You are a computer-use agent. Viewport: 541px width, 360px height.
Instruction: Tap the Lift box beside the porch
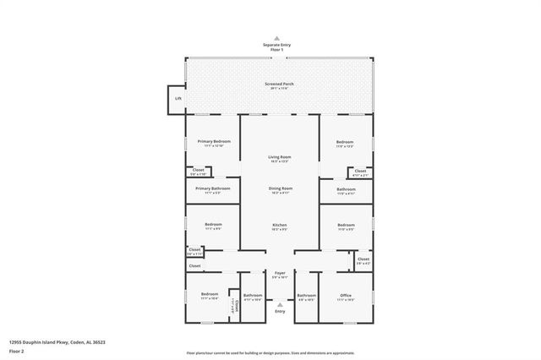(x=178, y=99)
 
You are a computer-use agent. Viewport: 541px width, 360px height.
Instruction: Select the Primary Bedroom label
(x=213, y=142)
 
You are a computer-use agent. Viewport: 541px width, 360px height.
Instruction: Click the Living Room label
(x=280, y=158)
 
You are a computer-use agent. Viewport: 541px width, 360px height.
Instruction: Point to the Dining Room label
(x=280, y=189)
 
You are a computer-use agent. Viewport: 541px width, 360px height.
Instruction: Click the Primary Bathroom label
(x=213, y=189)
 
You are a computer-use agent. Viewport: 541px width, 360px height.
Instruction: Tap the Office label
(x=345, y=296)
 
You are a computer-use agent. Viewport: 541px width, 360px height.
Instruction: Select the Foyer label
(x=280, y=274)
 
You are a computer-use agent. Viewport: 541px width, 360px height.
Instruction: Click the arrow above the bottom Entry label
(x=280, y=304)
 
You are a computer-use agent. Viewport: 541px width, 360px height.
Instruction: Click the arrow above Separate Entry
(x=276, y=39)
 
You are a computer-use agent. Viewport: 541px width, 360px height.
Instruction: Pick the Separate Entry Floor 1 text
(x=276, y=47)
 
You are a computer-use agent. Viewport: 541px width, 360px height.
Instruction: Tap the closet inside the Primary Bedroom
(x=198, y=171)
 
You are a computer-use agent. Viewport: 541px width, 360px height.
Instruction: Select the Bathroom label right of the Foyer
(x=306, y=296)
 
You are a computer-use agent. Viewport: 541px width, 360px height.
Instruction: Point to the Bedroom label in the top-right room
(x=345, y=143)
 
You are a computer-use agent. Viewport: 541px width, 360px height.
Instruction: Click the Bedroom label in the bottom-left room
(x=210, y=296)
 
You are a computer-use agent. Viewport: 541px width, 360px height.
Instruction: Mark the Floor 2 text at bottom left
(x=16, y=349)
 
